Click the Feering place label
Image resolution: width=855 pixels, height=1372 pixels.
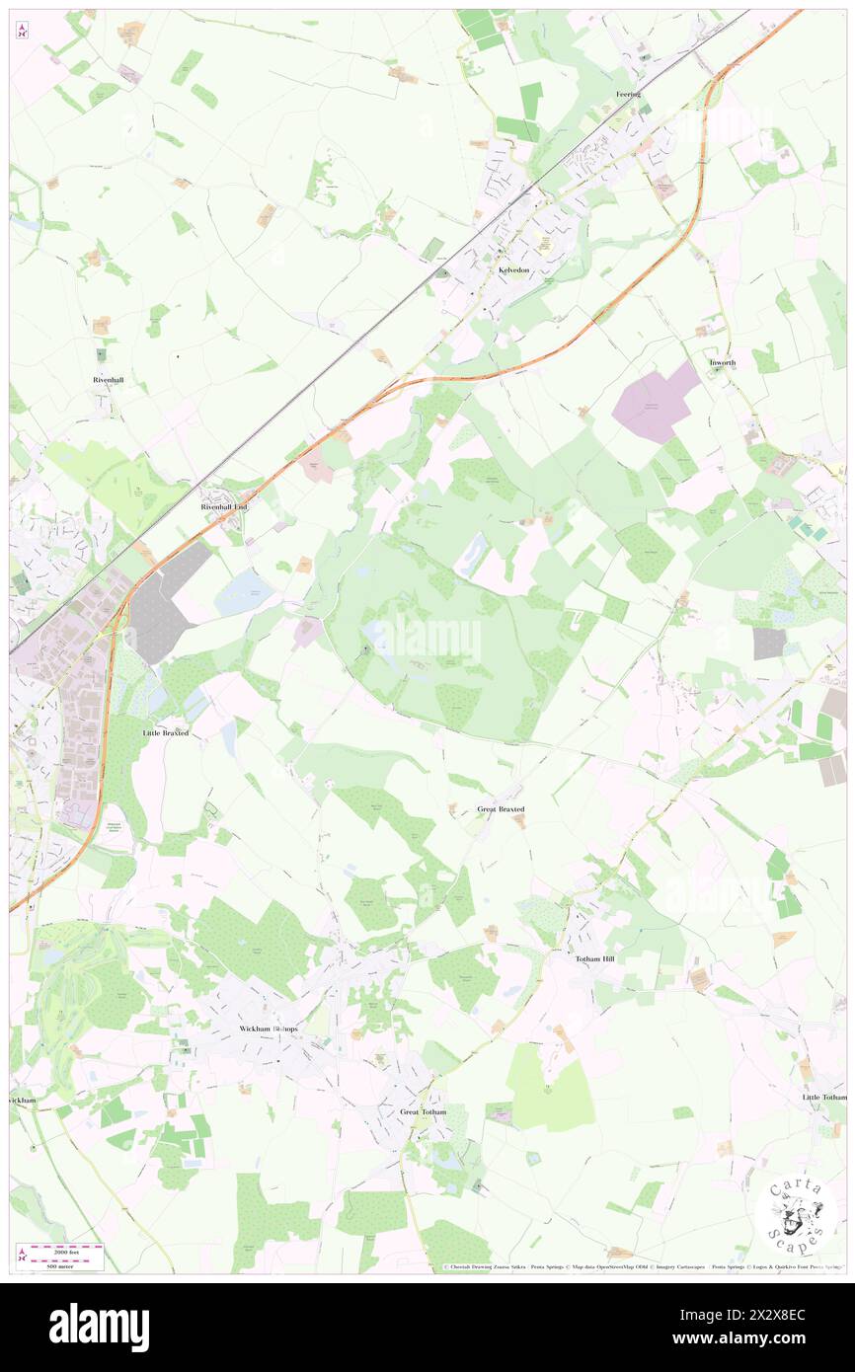629,95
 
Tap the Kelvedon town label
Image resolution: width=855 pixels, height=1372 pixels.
513,270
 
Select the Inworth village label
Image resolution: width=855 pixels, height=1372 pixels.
722,363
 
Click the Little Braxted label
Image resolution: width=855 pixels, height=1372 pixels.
165,733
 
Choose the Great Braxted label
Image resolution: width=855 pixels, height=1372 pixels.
501,809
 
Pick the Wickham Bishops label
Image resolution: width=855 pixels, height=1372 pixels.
269,1029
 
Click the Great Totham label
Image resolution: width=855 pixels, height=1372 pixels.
424,1111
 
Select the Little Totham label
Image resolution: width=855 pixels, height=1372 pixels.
824,1098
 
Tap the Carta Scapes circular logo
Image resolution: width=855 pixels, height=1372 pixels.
796,1215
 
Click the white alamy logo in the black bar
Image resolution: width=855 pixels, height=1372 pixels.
99,1327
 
